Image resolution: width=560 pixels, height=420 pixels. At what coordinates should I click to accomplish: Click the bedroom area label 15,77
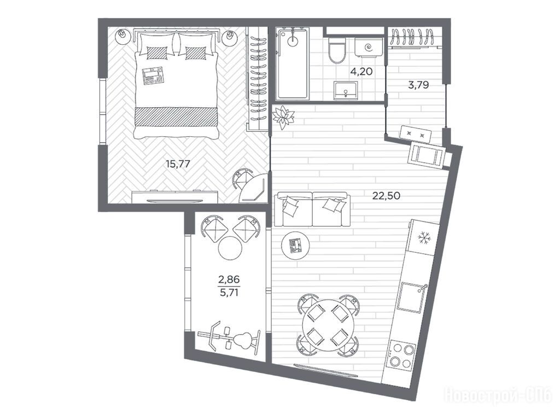point(178,164)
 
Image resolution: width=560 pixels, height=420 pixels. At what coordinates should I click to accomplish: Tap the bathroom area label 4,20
point(361,72)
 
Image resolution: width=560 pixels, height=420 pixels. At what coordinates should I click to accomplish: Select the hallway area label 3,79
point(418,85)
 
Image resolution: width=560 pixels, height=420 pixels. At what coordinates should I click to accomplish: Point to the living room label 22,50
point(386,195)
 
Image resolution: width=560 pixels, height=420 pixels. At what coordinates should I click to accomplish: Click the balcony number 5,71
point(229,293)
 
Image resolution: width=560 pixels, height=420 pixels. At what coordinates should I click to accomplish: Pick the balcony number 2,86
point(229,279)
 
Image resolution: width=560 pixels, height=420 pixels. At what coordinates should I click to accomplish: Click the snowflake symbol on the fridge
point(424,237)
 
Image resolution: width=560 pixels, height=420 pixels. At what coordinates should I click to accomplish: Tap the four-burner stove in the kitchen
point(402,354)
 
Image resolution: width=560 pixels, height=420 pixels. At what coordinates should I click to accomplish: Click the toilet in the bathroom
point(337,50)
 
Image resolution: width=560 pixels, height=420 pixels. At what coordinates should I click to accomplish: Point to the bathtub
point(293,63)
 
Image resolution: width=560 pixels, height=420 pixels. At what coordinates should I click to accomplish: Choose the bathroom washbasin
point(346,90)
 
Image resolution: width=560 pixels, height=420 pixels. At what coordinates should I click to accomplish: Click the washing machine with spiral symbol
point(369,46)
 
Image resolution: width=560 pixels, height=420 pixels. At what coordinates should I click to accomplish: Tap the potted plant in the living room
point(283,118)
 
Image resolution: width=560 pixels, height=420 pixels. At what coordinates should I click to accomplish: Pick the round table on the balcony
point(230,248)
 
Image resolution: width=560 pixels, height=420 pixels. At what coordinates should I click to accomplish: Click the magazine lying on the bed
point(153,76)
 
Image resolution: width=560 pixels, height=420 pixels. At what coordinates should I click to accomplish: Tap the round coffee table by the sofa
point(295,245)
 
